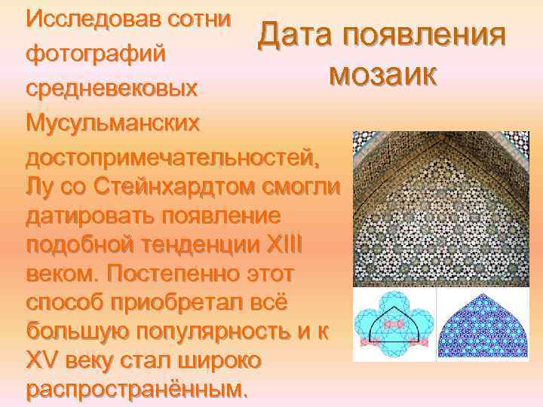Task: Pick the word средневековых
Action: (113, 89)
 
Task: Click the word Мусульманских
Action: (113, 124)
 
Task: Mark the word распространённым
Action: (136, 390)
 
